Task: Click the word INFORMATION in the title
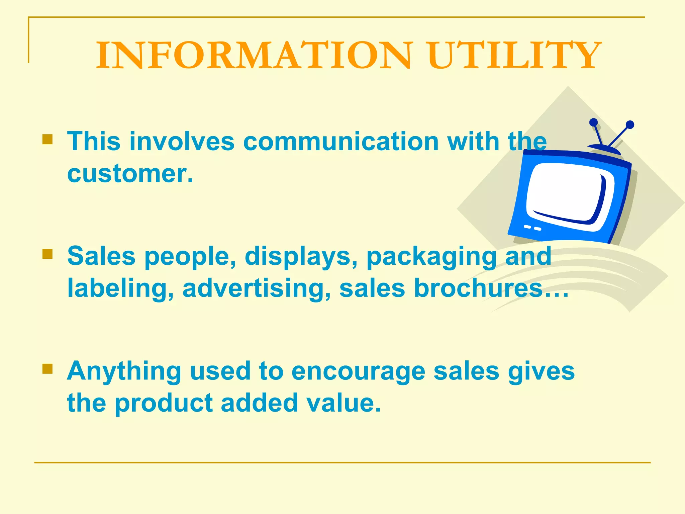point(254,56)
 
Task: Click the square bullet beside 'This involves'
point(48,139)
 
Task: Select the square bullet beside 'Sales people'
point(48,254)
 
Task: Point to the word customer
point(130,174)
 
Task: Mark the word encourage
point(358,371)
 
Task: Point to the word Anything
point(124,371)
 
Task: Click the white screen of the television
point(569,194)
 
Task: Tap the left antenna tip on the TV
point(594,122)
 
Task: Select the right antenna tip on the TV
point(630,125)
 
